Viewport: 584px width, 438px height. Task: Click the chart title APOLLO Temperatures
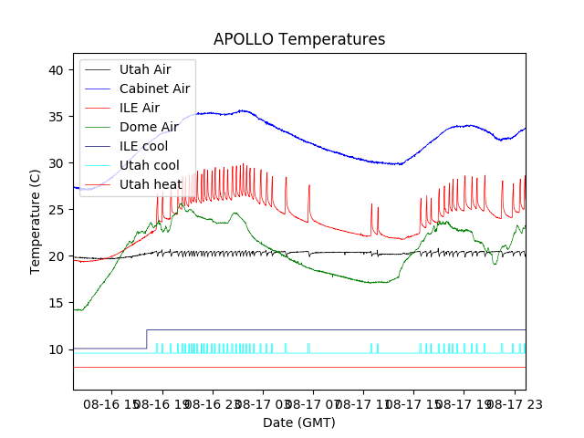(299, 40)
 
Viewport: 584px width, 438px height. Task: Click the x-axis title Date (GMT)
(299, 422)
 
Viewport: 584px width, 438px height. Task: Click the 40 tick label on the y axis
(56, 70)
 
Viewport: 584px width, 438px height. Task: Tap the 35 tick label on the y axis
(56, 117)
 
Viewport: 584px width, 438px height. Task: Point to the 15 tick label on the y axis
(56, 303)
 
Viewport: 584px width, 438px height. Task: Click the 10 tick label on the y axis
(56, 349)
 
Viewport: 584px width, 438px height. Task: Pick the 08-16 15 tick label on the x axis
(114, 402)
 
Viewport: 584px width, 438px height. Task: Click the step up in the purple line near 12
(147, 339)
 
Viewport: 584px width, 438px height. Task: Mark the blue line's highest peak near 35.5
(243, 110)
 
